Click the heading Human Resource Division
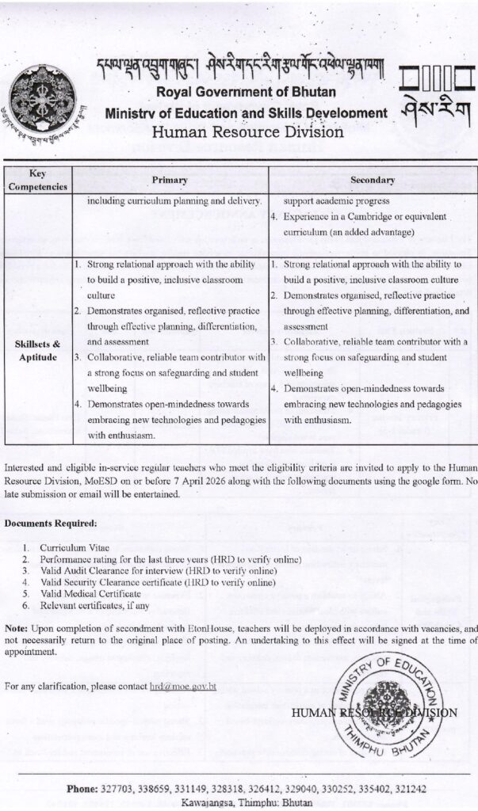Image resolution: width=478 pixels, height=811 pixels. pyautogui.click(x=247, y=131)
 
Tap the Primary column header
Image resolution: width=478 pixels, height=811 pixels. pyautogui.click(x=170, y=180)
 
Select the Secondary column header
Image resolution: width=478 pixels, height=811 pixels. pyautogui.click(x=372, y=180)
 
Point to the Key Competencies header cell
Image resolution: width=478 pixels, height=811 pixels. pyautogui.click(x=38, y=180)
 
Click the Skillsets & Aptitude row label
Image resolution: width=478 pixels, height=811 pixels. pyautogui.click(x=38, y=352)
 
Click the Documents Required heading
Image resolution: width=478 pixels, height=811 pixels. pyautogui.click(x=51, y=524)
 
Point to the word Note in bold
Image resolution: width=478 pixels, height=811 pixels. pyautogui.click(x=16, y=628)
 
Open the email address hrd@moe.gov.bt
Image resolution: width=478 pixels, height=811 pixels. pyautogui.click(x=182, y=686)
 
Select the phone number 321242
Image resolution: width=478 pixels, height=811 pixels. pyautogui.click(x=410, y=789)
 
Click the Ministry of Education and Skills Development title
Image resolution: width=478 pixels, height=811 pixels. pyautogui.click(x=246, y=113)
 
